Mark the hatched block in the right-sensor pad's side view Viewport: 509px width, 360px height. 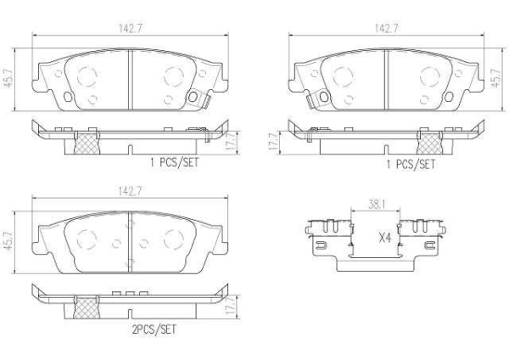[x=87, y=142]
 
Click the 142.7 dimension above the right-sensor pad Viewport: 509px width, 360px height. [x=131, y=28]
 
